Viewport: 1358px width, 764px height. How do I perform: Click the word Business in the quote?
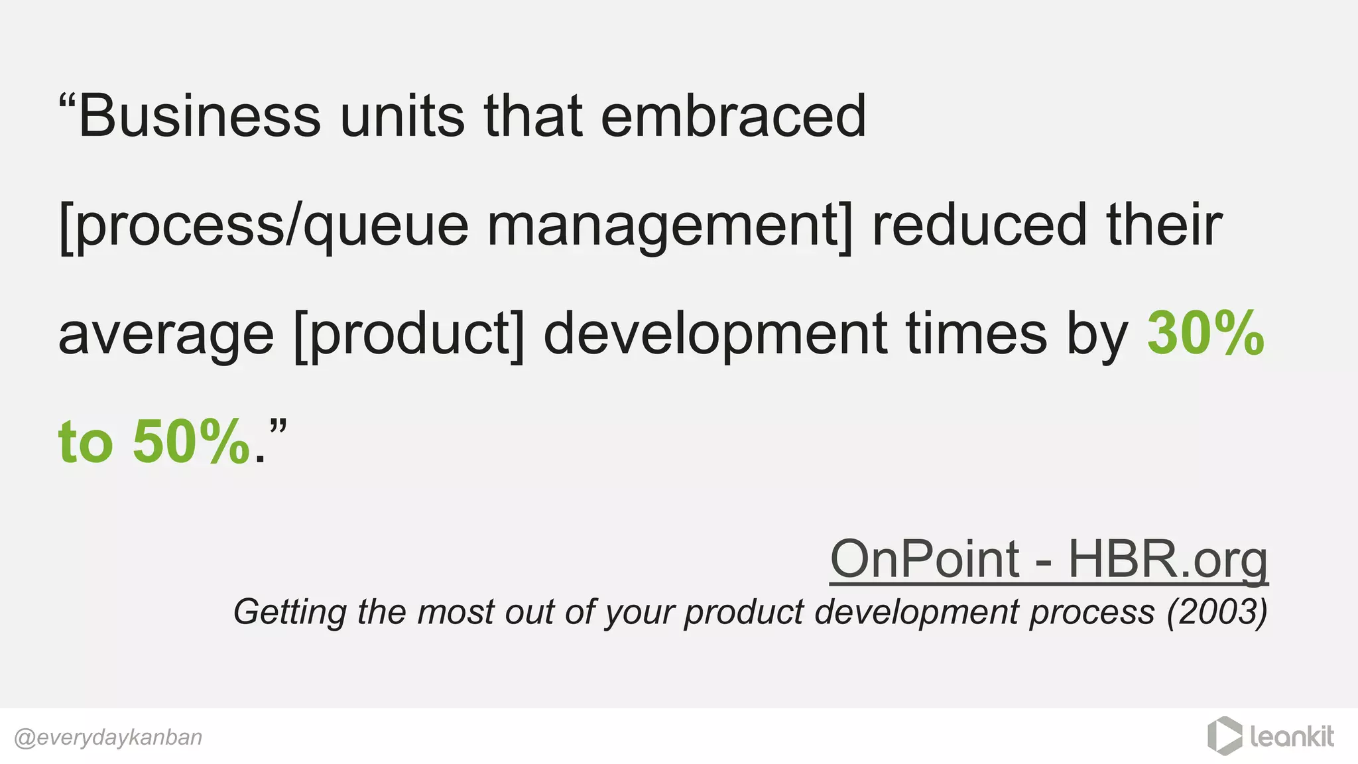pos(200,117)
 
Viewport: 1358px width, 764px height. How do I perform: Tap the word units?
pos(402,117)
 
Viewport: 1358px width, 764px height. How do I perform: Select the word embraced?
pos(733,117)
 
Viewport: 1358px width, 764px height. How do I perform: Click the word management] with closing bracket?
pos(670,225)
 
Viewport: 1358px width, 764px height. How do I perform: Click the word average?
pos(166,334)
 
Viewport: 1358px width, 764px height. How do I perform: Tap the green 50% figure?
pos(191,442)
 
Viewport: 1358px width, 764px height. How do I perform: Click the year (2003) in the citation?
pos(1217,611)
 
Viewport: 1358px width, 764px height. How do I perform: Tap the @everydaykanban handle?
pos(108,737)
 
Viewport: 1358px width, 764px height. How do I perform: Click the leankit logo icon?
pos(1224,736)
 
